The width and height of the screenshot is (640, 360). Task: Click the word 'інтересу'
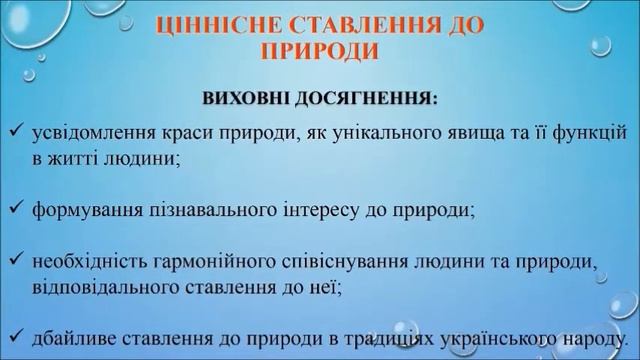click(x=301, y=211)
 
